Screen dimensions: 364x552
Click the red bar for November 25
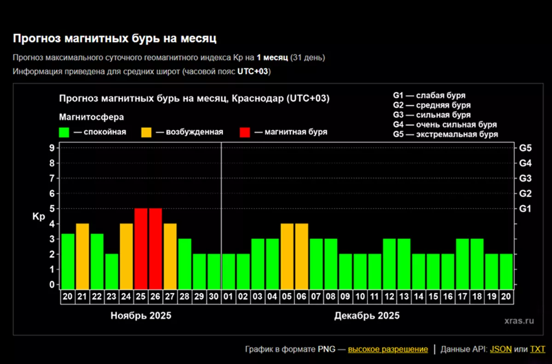coord(141,248)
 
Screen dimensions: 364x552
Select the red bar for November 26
coord(155,248)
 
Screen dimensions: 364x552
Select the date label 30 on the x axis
coord(214,296)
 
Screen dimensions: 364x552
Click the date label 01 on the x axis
coord(229,296)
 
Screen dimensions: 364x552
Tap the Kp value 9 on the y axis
coord(52,148)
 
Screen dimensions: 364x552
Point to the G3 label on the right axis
coord(525,178)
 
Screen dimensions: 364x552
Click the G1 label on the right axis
coord(525,209)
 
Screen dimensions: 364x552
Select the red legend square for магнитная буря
coord(245,132)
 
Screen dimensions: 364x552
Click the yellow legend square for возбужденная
coord(146,132)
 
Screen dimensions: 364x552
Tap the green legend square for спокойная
coord(64,132)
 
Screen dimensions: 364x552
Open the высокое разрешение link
coord(388,349)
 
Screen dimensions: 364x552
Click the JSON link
coord(500,349)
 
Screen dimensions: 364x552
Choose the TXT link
coord(537,349)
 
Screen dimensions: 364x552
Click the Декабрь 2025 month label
coord(367,316)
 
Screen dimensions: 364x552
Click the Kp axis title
coord(39,217)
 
